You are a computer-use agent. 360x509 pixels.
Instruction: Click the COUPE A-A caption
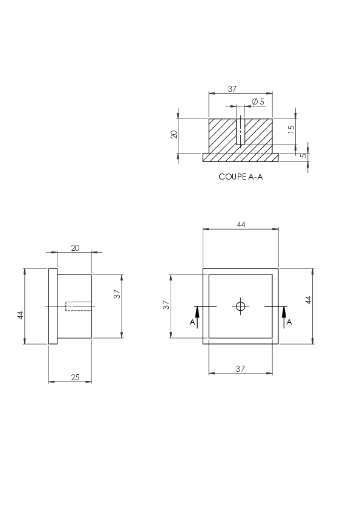[x=240, y=177]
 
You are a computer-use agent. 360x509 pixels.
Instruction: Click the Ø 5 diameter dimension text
[x=258, y=102]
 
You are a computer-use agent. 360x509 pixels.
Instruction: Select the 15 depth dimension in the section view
[x=291, y=128]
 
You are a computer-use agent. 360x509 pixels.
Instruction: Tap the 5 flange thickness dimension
[x=303, y=155]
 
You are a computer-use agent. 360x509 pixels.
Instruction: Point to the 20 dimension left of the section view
[x=174, y=134]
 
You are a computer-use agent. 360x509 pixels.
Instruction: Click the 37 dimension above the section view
[x=232, y=89]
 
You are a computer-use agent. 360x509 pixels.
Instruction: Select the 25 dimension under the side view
[x=75, y=377]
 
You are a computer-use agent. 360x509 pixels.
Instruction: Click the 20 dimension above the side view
[x=75, y=248]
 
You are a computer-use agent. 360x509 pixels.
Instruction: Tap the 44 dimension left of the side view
[x=21, y=315]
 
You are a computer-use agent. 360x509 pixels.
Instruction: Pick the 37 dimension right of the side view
[x=117, y=294]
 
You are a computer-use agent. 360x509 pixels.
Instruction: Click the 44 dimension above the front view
[x=241, y=224]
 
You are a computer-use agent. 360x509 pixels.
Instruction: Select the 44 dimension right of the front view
[x=309, y=300]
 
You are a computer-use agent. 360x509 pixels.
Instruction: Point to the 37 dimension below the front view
[x=240, y=368]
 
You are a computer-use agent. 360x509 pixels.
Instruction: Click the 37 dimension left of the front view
[x=166, y=305]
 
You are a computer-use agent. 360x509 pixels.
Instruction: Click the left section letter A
[x=192, y=322]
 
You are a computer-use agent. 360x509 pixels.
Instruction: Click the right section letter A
[x=289, y=322]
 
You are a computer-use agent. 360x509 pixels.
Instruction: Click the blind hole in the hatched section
[x=240, y=131]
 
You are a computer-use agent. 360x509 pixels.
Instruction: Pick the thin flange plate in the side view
[x=53, y=306]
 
